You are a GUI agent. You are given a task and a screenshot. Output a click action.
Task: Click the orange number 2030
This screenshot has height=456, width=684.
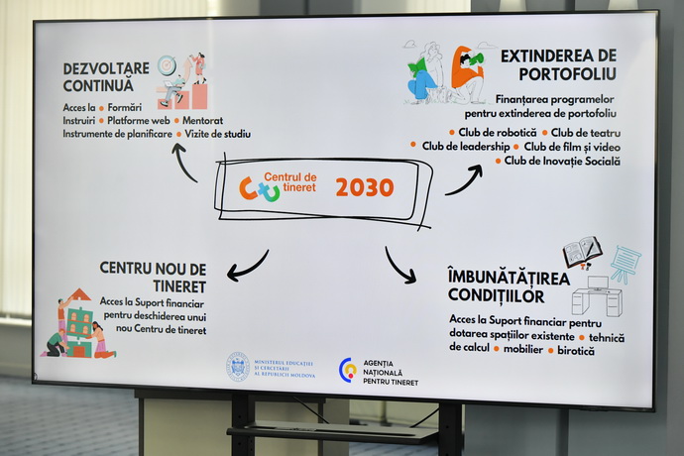365,187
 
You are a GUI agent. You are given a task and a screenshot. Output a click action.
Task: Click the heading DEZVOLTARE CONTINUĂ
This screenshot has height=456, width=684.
106,77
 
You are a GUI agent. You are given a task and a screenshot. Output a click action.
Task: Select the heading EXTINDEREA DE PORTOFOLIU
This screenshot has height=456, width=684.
559,65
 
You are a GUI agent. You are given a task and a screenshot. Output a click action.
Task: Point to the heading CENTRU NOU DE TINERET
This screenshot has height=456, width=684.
153,278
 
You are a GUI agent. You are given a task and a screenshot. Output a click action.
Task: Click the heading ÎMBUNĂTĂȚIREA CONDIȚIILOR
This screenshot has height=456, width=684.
509,286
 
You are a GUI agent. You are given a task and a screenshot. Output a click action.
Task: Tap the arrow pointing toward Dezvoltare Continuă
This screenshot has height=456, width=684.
183,161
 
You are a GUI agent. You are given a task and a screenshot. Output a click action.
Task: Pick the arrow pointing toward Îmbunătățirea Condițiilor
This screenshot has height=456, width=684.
399,266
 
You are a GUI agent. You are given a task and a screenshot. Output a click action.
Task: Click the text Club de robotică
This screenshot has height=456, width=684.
498,132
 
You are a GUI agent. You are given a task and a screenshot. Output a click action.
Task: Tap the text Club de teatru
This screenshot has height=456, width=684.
586,133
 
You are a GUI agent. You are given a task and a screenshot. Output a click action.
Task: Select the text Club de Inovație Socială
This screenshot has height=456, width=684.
562,161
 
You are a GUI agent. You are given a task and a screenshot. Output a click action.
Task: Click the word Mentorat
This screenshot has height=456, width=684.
203,120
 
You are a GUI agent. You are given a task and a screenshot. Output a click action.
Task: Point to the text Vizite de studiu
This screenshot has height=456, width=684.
218,134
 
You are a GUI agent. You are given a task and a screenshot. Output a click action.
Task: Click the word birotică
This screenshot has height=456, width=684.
576,350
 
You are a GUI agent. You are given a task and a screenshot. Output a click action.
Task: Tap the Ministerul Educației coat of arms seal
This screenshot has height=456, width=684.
238,367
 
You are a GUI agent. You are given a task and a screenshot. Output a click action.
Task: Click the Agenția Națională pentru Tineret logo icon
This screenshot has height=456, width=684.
348,370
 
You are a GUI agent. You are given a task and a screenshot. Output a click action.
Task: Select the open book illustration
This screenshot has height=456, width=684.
582,252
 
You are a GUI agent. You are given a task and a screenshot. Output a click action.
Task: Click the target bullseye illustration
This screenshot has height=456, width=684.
167,65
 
